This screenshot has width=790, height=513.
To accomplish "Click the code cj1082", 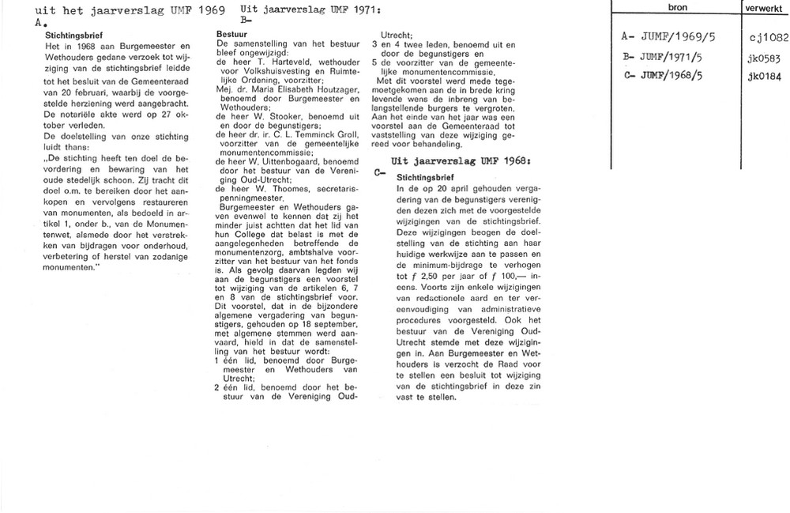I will pyautogui.click(x=766, y=37).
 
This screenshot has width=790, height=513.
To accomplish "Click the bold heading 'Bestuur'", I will pyautogui.click(x=230, y=36).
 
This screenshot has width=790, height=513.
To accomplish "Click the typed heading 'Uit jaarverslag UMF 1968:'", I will pyautogui.click(x=444, y=161).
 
